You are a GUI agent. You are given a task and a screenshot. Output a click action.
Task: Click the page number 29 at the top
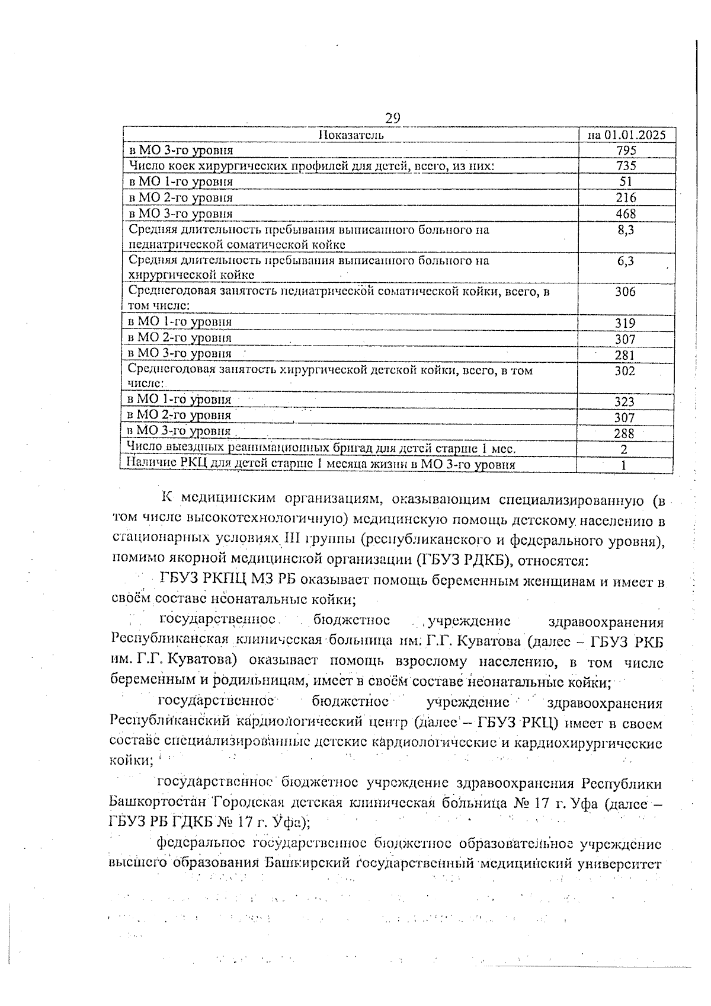pyautogui.click(x=392, y=118)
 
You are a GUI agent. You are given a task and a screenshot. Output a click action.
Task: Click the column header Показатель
pyautogui.click(x=351, y=135)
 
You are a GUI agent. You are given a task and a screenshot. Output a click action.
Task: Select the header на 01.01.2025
pyautogui.click(x=626, y=135)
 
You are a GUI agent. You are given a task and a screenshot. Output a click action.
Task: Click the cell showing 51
pyautogui.click(x=626, y=182)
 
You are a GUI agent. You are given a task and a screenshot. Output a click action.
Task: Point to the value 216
pyautogui.click(x=626, y=198)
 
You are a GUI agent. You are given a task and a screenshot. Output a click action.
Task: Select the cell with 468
pyautogui.click(x=626, y=214)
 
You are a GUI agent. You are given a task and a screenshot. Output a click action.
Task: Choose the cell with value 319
pyautogui.click(x=625, y=324)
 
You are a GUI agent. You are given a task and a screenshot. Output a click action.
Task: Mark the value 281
pyautogui.click(x=625, y=355)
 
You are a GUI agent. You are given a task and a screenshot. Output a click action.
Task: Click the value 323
pyautogui.click(x=624, y=402)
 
